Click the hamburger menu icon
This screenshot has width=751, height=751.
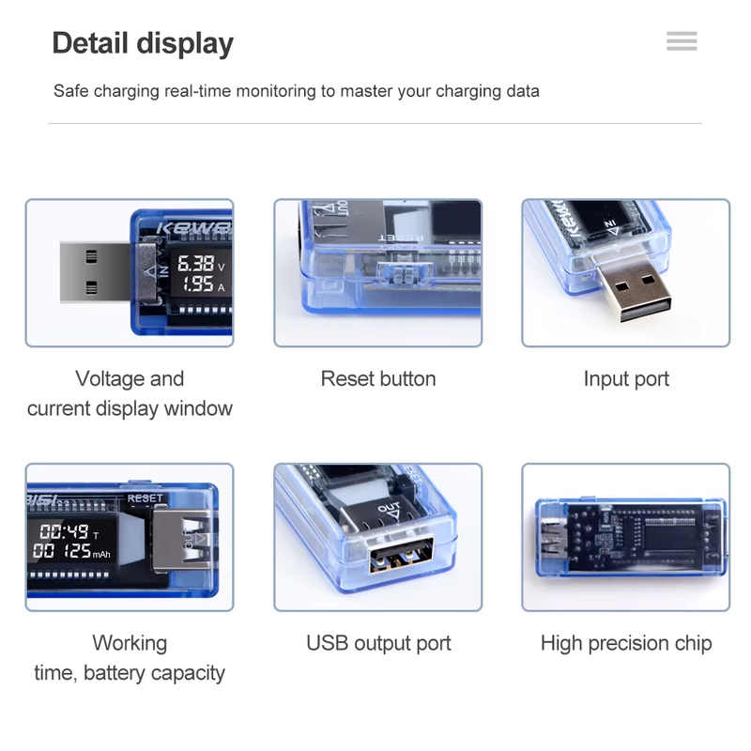pyautogui.click(x=682, y=41)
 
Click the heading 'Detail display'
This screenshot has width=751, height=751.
pyautogui.click(x=143, y=43)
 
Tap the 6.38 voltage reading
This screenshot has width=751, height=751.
pyautogui.click(x=195, y=264)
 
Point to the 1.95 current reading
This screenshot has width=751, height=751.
pyautogui.click(x=195, y=284)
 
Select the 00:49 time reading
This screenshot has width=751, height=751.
pyautogui.click(x=64, y=531)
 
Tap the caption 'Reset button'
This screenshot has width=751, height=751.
pyautogui.click(x=378, y=379)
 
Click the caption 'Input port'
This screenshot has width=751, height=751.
pyautogui.click(x=626, y=379)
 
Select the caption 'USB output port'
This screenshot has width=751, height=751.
pyautogui.click(x=378, y=644)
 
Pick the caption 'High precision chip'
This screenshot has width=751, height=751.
pyautogui.click(x=626, y=644)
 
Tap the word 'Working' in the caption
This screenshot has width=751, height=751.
pyautogui.click(x=130, y=644)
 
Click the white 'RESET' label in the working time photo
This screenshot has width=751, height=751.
pyautogui.click(x=145, y=498)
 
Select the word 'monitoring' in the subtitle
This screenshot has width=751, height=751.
pyautogui.click(x=275, y=91)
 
